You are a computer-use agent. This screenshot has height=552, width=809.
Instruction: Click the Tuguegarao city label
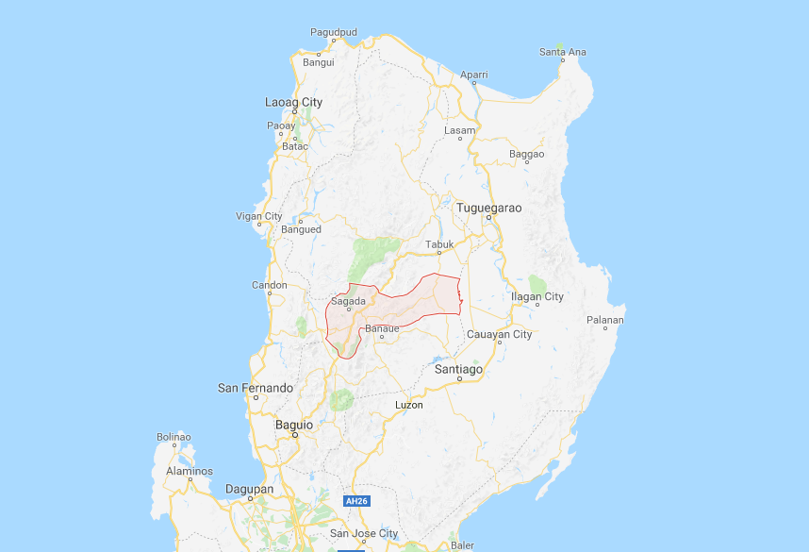point(488,208)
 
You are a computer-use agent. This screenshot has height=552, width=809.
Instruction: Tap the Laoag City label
point(293,102)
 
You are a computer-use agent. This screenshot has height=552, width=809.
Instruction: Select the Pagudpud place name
point(334,32)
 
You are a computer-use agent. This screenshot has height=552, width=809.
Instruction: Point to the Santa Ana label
point(562,52)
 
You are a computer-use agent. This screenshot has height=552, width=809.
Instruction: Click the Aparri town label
point(473,74)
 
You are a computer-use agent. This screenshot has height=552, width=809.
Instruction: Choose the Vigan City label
point(258,216)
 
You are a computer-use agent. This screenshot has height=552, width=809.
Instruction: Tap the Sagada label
point(348,302)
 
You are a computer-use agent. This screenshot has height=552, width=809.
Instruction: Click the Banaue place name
point(382,328)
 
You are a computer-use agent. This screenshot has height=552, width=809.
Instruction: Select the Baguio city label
point(293,425)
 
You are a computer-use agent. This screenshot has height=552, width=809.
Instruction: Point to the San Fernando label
point(255,388)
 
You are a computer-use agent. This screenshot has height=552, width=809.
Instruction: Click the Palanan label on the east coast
point(603,320)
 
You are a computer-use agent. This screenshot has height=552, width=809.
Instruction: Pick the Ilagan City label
point(537,296)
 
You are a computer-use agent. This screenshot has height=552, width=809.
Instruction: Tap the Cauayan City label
point(500,334)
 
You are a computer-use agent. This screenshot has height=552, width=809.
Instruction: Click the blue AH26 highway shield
point(355,501)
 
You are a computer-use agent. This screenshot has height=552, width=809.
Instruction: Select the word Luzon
point(408,405)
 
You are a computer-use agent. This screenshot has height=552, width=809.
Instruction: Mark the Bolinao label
point(173,437)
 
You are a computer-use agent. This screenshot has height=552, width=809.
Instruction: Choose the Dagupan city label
point(249,489)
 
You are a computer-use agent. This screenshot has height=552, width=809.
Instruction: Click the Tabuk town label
point(439,244)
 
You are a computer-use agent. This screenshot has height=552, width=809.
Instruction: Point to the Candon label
point(269,285)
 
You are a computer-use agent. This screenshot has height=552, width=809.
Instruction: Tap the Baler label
point(462,544)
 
